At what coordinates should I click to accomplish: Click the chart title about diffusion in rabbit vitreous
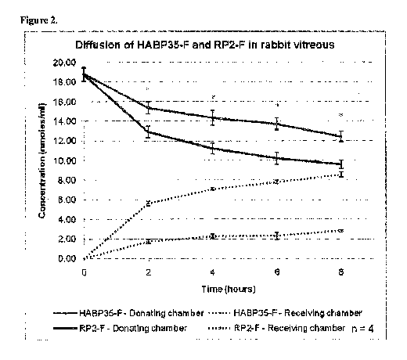(x=205, y=45)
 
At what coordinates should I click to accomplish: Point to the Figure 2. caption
(x=39, y=20)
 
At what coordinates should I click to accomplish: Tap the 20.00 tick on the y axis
(x=64, y=63)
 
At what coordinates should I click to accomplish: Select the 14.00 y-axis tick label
(x=64, y=121)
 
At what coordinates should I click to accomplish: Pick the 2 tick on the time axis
(x=148, y=272)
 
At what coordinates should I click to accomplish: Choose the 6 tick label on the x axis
(x=277, y=272)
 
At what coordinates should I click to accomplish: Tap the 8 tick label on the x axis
(x=341, y=272)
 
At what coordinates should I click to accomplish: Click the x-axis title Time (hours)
(x=229, y=290)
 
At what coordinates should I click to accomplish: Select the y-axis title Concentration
(x=42, y=160)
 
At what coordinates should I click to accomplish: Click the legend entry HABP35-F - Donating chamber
(x=128, y=313)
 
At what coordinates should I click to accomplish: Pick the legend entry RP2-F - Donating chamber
(x=120, y=328)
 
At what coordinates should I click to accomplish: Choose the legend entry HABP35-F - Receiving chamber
(x=286, y=313)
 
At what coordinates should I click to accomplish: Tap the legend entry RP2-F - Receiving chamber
(x=277, y=328)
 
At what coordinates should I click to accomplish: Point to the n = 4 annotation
(x=362, y=329)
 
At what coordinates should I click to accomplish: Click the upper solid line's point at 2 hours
(x=148, y=108)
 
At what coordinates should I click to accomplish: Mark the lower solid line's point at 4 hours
(x=213, y=149)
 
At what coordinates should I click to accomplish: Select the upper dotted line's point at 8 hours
(x=341, y=174)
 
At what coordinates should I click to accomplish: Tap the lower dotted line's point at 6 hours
(x=277, y=236)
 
